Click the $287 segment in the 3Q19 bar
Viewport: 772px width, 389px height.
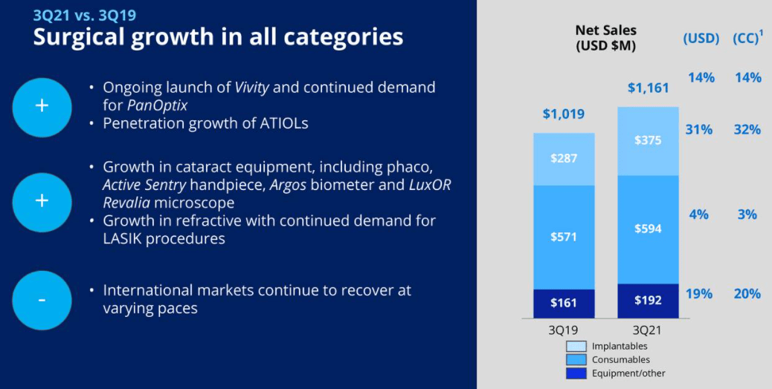click(564, 158)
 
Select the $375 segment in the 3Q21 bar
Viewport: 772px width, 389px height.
click(648, 140)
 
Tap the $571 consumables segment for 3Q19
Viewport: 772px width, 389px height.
click(564, 237)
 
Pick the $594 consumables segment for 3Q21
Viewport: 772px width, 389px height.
click(648, 229)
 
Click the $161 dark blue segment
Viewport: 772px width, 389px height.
click(564, 303)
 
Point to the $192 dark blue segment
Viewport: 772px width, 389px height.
click(648, 301)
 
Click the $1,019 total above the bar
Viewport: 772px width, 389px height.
click(563, 114)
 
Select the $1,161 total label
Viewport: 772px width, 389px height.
click(648, 88)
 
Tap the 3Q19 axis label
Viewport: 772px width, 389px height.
click(563, 329)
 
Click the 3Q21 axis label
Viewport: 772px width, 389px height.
click(648, 329)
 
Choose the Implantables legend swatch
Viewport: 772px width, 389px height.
click(576, 346)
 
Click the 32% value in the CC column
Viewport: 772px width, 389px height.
click(747, 130)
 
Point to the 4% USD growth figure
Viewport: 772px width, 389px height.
click(699, 215)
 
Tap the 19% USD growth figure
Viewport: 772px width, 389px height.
click(699, 294)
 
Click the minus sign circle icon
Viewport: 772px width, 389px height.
click(42, 300)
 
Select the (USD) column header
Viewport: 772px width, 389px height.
click(701, 39)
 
